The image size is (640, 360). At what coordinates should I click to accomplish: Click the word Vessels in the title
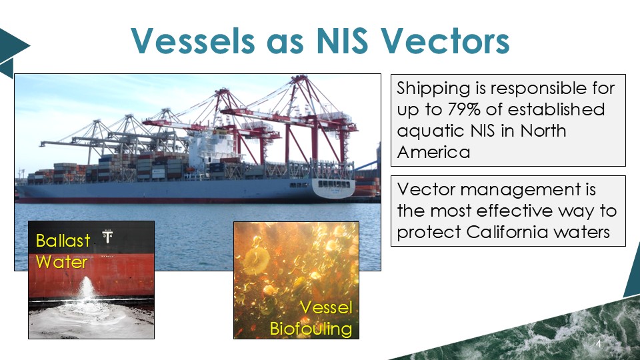(x=193, y=41)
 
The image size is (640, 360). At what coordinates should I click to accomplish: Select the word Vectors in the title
(x=445, y=41)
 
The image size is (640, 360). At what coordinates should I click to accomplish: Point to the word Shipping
(x=434, y=89)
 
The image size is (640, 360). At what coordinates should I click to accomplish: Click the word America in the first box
(x=433, y=152)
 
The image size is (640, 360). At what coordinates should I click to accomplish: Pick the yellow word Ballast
(x=63, y=241)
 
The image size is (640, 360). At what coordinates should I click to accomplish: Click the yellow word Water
(x=61, y=262)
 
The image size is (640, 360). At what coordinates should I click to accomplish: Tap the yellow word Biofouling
(x=311, y=329)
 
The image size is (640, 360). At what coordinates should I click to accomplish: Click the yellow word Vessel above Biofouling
(x=326, y=307)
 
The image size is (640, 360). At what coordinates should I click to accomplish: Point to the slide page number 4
(x=599, y=344)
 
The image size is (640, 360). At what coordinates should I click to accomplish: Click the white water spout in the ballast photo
(x=87, y=290)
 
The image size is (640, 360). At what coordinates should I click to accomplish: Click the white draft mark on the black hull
(x=107, y=236)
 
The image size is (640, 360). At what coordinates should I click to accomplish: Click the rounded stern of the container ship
(x=334, y=189)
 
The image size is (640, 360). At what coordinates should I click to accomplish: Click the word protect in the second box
(x=429, y=233)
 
